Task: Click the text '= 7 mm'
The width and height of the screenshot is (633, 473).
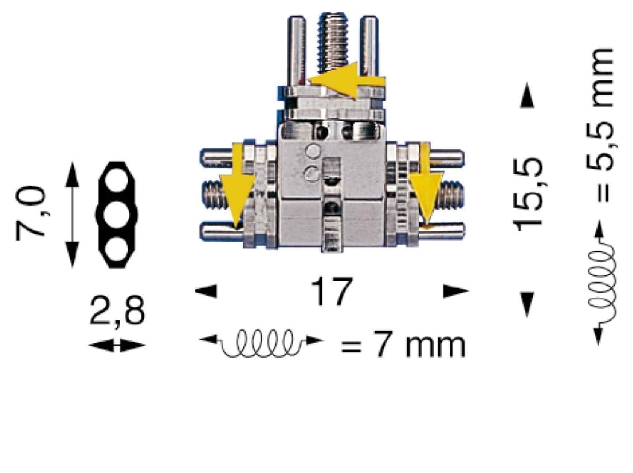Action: click(x=403, y=344)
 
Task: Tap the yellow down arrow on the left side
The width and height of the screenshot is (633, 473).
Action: click(x=237, y=185)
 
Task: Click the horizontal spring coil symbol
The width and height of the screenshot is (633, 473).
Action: click(x=261, y=344)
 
